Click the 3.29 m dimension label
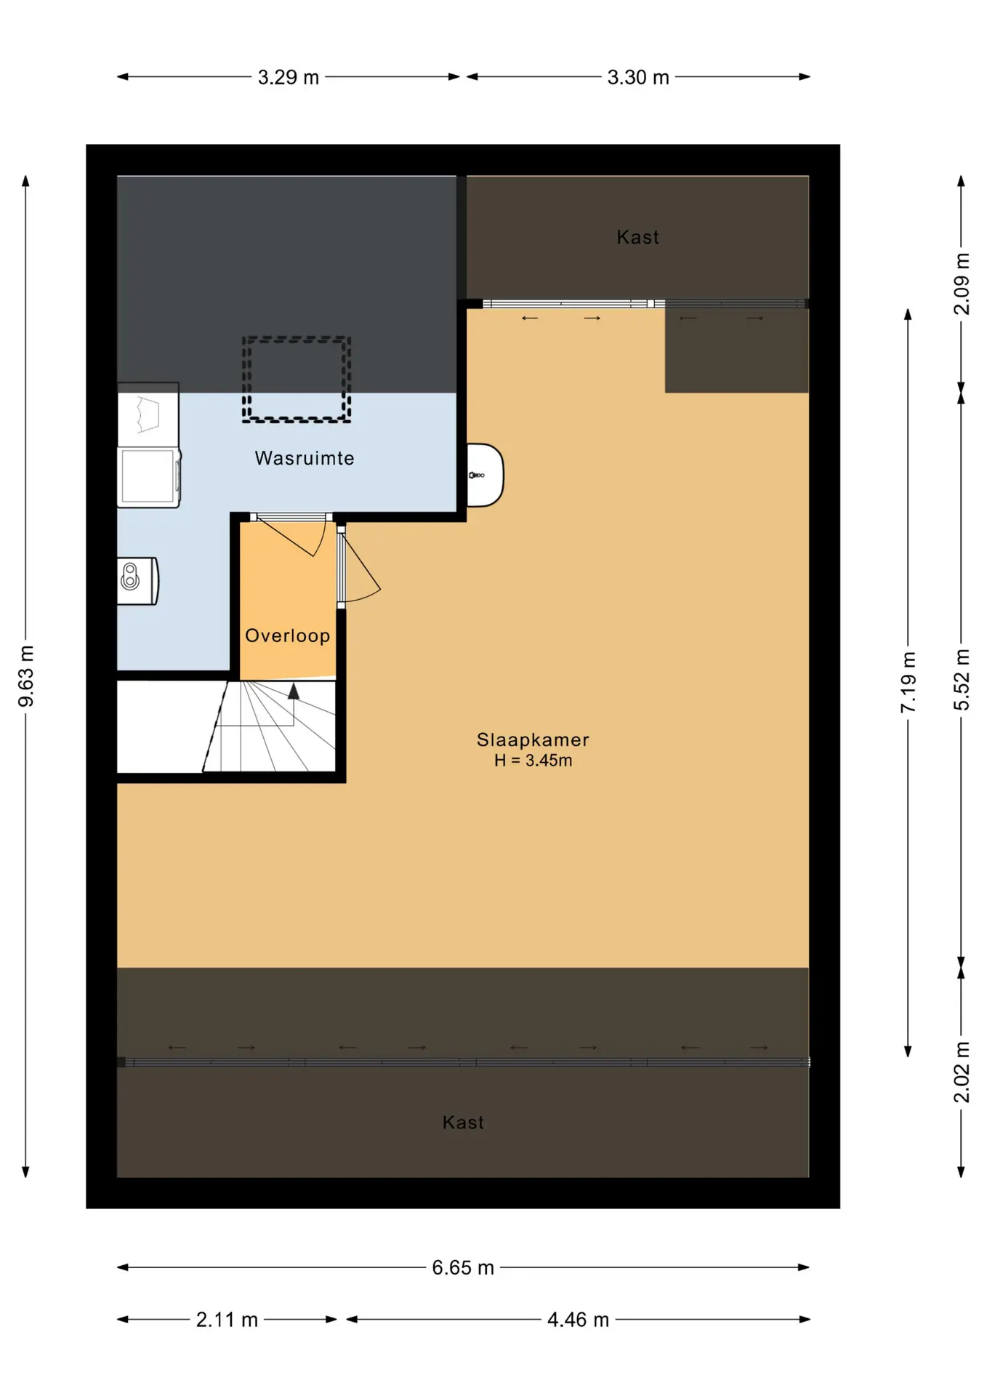pos(289,77)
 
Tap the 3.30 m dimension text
pos(638,77)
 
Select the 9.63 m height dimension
pos(26,676)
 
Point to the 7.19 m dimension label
pos(909,682)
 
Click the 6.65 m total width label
pos(463,1268)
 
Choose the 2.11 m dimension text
pos(227,1320)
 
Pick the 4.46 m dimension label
pos(578,1320)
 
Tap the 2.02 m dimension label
pos(962,1072)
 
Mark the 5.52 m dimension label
pos(962,680)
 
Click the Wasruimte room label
pos(305,458)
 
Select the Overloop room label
pos(288,635)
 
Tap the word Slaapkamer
pos(533,739)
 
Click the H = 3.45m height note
pos(533,761)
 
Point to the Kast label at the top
pos(637,237)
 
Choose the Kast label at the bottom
pos(463,1123)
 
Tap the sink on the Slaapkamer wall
pos(485,475)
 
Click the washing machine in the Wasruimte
pos(149,477)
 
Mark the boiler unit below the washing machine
pos(137,581)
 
